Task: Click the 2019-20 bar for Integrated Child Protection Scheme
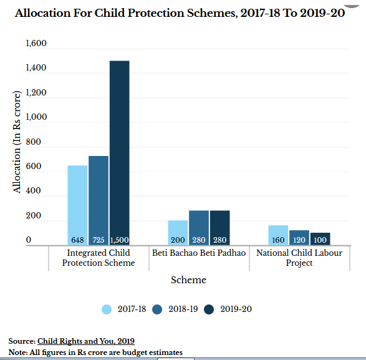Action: pos(120,153)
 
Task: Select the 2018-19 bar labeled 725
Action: pos(99,201)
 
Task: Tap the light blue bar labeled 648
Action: pos(77,205)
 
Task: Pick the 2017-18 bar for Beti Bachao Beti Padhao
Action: pos(178,233)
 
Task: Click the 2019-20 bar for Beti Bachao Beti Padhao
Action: pos(220,228)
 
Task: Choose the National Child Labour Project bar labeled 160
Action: pos(278,235)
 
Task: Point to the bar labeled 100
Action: pos(320,239)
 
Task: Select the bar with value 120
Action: pos(299,238)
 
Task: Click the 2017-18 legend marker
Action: pos(107,309)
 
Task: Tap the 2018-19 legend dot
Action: pos(157,309)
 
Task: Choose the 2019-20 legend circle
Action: pos(209,309)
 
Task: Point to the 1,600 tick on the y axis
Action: pos(36,44)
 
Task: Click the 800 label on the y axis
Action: pos(34,142)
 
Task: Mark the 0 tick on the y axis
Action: pos(29,240)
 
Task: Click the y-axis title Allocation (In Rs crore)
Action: pos(17,142)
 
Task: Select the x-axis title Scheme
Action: pos(188,280)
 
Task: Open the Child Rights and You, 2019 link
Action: pos(86,341)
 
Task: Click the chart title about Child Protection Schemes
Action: pos(180,13)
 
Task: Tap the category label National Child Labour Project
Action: pos(299,258)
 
